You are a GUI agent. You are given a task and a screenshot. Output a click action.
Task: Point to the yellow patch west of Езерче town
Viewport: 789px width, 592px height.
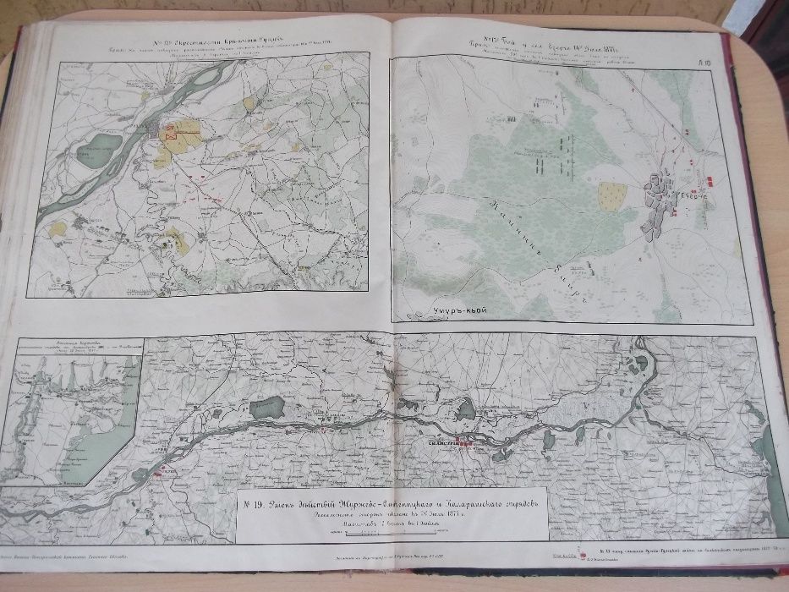pos(611,196)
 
